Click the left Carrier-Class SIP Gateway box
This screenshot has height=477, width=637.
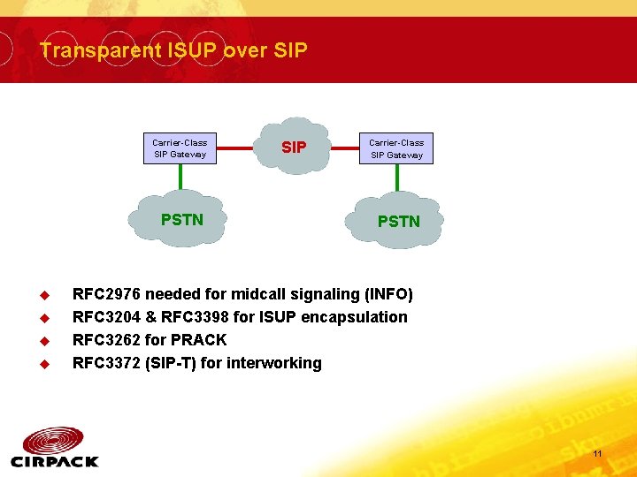(x=180, y=148)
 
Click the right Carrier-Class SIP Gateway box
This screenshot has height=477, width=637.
(x=396, y=148)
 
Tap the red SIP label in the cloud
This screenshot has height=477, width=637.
(x=294, y=148)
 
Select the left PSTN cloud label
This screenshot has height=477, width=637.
(x=182, y=220)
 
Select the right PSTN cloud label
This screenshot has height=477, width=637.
(x=399, y=222)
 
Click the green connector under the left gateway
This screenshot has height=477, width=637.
(x=180, y=178)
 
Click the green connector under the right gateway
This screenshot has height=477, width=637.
(x=396, y=178)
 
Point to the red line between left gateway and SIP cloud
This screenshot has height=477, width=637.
(x=243, y=148)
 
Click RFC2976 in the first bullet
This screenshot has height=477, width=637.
(x=106, y=294)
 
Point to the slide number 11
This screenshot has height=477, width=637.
(x=597, y=454)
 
